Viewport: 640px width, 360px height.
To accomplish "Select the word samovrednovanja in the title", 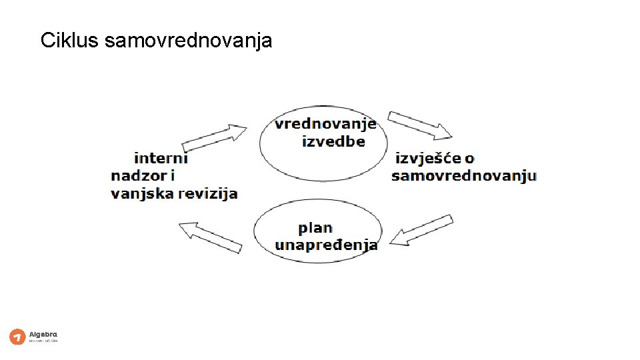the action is point(189,41).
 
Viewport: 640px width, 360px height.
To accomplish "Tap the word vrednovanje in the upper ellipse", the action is point(325,125).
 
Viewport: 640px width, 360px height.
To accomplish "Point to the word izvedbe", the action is point(333,141).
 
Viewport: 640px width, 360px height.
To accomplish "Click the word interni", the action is point(161,159).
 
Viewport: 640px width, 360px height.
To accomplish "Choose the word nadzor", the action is point(137,176).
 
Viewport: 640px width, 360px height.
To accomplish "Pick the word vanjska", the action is point(139,194).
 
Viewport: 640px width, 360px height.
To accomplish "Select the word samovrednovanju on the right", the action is point(464,176).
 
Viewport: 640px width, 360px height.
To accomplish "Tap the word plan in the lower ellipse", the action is point(315,228).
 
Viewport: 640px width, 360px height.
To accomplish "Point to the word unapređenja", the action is point(326,245).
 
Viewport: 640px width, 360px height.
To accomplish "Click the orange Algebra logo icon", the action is point(17,337).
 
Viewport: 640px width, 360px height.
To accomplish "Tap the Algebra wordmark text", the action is point(43,334).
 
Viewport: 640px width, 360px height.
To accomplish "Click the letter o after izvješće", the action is point(469,159).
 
